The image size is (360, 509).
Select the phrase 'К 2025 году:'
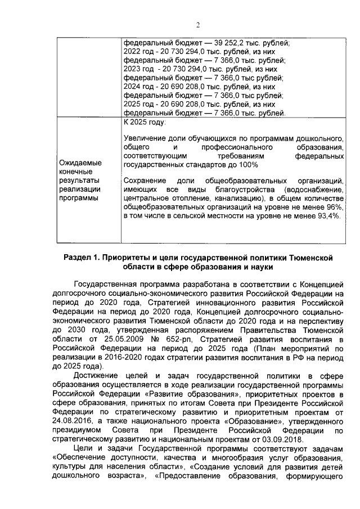[144, 122]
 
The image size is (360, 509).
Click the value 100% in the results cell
[247, 165]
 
